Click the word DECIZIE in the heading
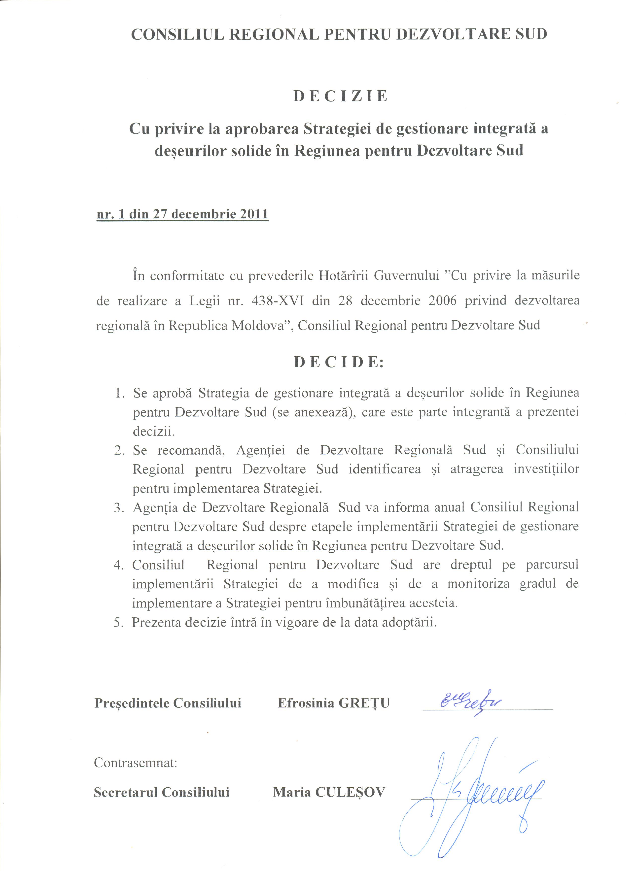[341, 96]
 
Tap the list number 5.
[118, 622]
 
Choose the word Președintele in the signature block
[132, 703]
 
